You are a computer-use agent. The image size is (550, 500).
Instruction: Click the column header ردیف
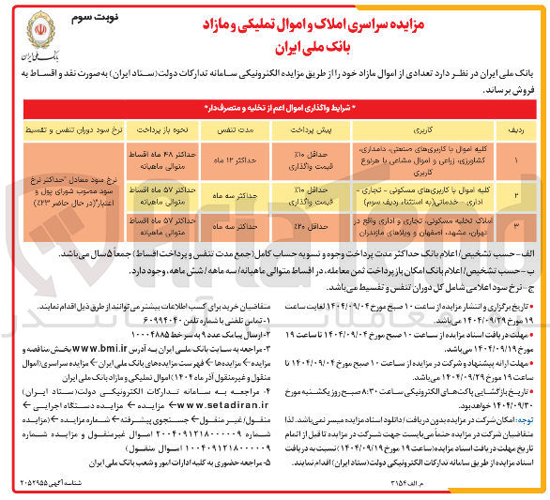(513, 124)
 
